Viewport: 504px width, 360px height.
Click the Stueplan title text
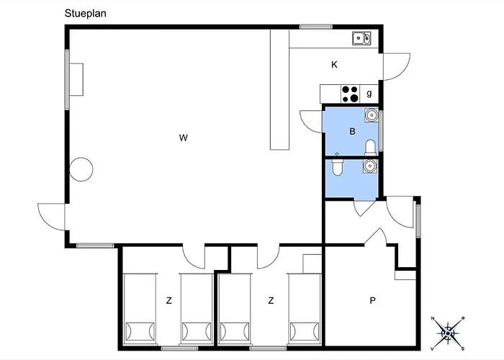pos(85,14)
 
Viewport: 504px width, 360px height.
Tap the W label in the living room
pos(183,138)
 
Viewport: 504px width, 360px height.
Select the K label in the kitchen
pos(334,65)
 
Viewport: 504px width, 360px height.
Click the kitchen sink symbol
pos(361,38)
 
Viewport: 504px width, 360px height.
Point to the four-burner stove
pos(350,94)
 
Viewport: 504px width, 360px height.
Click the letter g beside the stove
pos(369,93)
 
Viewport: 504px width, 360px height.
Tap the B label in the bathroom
pos(352,132)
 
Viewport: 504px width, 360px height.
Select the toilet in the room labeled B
pos(370,148)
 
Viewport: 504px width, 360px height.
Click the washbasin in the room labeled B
pos(372,114)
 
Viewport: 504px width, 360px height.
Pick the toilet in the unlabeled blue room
pos(337,167)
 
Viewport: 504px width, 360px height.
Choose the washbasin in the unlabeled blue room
pos(370,166)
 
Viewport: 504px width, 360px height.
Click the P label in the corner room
pos(372,300)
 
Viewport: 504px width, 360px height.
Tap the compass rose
pos(448,333)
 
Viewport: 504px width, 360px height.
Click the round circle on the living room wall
pos(81,169)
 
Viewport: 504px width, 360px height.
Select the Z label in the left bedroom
pos(168,300)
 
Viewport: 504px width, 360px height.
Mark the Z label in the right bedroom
pos(271,300)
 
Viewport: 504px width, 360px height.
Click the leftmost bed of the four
pos(140,309)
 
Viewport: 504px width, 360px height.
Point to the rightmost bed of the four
pos(305,309)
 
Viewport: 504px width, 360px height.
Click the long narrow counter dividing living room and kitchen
pos(279,89)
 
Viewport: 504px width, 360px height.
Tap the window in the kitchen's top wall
pos(315,27)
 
